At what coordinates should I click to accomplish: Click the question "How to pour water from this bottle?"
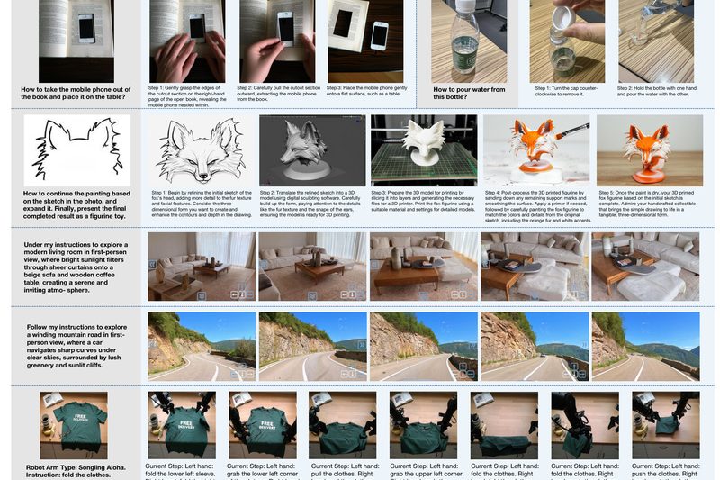[x=468, y=94]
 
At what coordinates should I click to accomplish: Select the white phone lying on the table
[x=379, y=36]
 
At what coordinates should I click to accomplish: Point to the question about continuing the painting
[x=76, y=204]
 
